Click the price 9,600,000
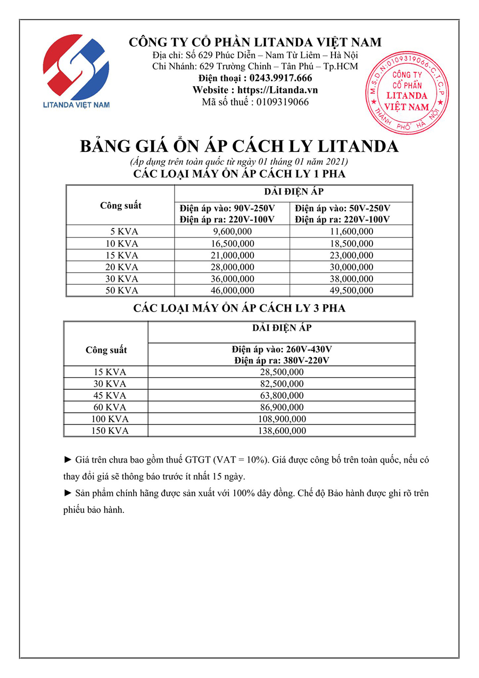232,231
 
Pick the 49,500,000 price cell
351,290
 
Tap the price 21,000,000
232,255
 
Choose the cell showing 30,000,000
351,267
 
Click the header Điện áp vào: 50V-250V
343,208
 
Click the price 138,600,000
282,431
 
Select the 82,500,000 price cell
282,383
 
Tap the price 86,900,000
282,407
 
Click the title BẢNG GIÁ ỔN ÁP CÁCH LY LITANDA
239,146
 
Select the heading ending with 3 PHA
239,308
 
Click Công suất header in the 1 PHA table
121,206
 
